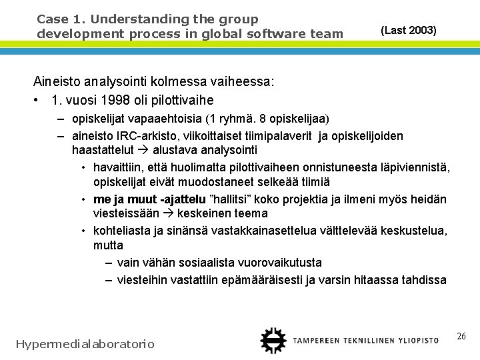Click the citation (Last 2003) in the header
point(408,30)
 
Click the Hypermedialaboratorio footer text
point(85,344)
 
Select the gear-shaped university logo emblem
point(272,340)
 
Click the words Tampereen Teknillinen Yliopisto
point(366,340)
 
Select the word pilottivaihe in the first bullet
point(181,100)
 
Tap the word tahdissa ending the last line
point(424,279)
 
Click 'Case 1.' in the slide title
point(56,19)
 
